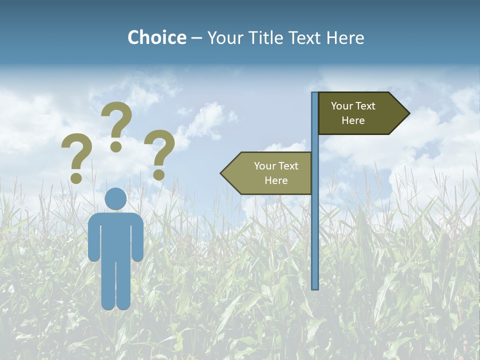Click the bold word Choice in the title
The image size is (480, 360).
pos(156,37)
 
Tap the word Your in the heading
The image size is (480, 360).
pos(224,37)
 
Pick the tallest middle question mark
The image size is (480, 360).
pos(116,125)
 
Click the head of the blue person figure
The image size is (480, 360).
pos(116,198)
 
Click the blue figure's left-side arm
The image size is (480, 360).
pos(93,237)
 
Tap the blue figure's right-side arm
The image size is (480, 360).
pos(138,237)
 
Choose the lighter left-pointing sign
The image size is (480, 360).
pos(270,173)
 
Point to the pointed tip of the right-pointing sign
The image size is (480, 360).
pos(407,113)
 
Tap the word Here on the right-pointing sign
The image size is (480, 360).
pos(353,120)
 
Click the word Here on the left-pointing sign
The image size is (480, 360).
pos(276,180)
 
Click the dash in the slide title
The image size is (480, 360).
pos(196,38)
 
